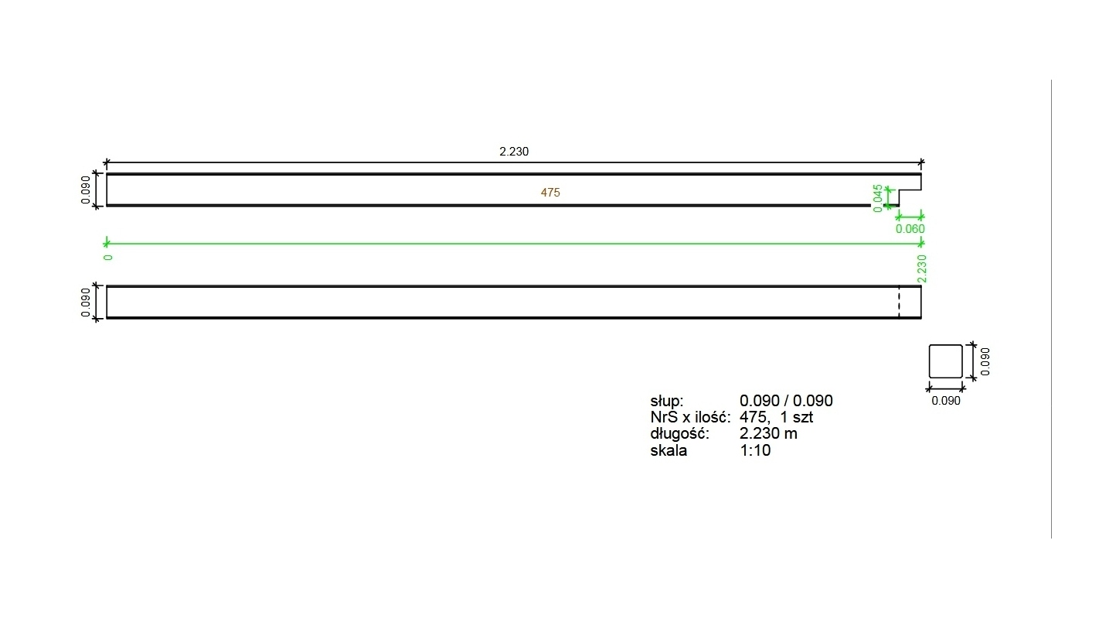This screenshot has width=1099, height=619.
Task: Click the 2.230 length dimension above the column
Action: tap(514, 152)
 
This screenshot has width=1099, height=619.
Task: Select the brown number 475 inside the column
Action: tap(550, 193)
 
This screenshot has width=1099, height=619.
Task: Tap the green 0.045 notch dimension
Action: tap(878, 199)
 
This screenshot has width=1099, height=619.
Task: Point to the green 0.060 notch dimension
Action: tap(910, 229)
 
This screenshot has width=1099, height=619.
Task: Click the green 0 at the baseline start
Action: tap(108, 258)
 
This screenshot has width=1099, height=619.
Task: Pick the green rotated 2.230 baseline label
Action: tap(922, 269)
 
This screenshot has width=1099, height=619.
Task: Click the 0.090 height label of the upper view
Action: tap(86, 190)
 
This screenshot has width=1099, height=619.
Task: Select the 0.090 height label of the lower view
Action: tap(86, 302)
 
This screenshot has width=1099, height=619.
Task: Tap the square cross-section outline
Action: tap(929, 361)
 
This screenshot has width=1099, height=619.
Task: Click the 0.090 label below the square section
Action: tap(945, 401)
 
